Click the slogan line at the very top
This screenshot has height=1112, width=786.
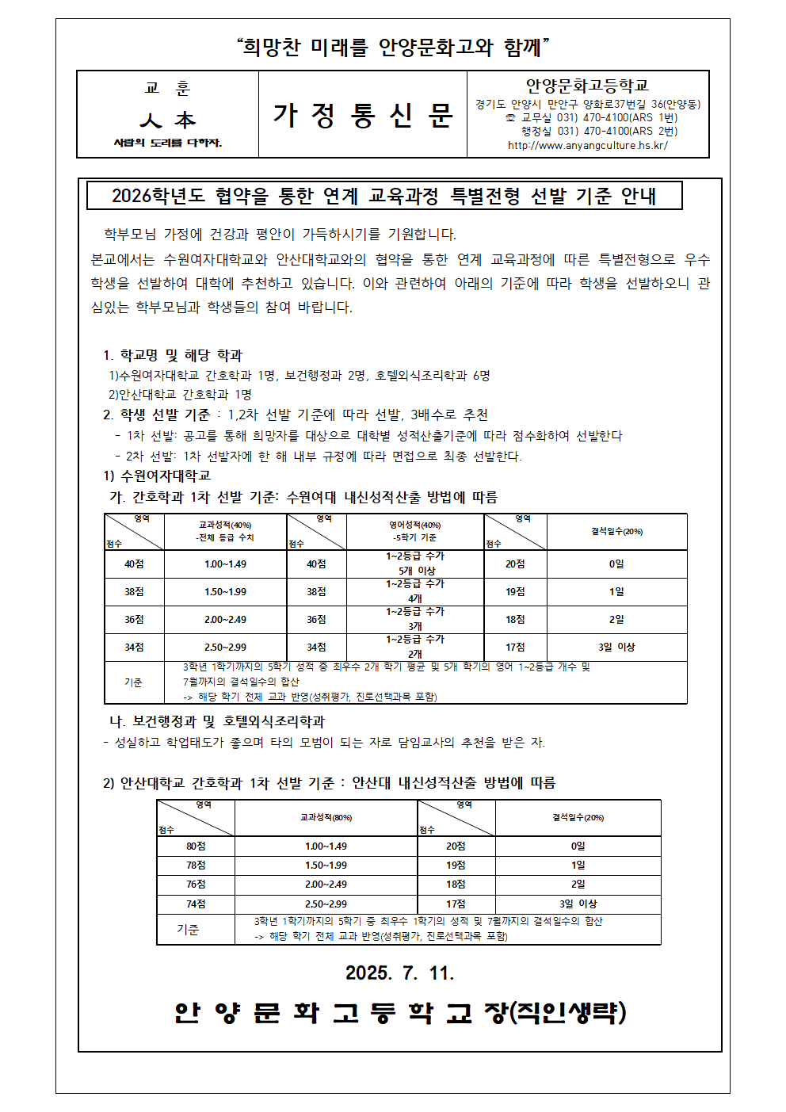coord(393,48)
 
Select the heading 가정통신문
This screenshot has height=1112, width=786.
coord(362,116)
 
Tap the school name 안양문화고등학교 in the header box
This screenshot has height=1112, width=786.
coord(587,86)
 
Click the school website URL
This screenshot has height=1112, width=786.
coord(587,145)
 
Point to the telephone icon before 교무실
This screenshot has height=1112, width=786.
coord(510,118)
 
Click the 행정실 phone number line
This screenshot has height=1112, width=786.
coord(598,132)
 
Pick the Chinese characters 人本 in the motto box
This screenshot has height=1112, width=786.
coord(167,120)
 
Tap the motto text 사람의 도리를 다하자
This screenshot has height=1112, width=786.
coord(167,143)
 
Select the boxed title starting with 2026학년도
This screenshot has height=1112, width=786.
coord(384,196)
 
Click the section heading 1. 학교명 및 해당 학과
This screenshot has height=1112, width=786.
coord(173,355)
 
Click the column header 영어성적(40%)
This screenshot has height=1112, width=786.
coord(414,525)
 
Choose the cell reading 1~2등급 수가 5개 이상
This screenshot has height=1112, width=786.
coord(415,564)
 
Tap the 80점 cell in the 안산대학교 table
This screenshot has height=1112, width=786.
coord(196,846)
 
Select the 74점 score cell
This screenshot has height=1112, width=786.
coord(196,904)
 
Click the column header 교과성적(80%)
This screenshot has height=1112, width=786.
coord(326,817)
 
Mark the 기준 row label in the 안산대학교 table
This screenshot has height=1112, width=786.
coord(188,929)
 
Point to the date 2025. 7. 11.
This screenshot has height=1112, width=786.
coord(399,973)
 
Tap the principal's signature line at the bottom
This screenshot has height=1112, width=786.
coord(400,1012)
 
